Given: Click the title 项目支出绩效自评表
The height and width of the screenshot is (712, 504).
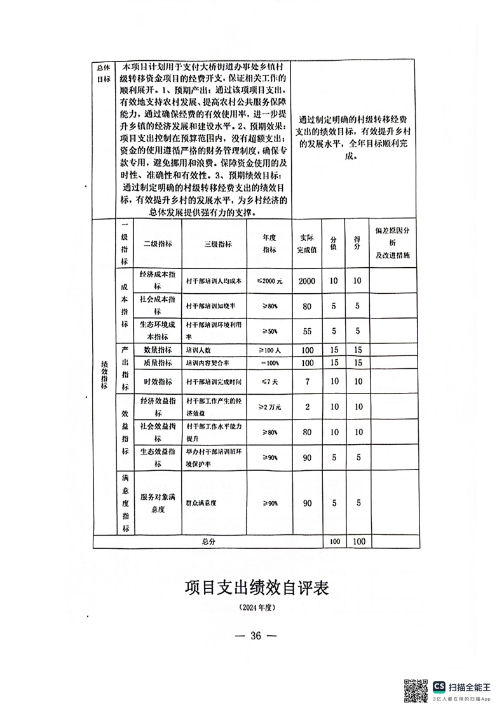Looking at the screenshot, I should coord(256,587).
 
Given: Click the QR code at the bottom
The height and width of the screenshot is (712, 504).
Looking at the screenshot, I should coord(416,690).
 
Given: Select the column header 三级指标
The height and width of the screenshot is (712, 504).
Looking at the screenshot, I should coord(218,244).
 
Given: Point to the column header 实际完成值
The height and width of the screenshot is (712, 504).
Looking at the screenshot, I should coord(306,244).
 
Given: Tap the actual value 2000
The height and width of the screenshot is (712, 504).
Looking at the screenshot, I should coord(307,280).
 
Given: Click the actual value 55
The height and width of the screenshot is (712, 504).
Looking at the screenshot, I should coord(307,331).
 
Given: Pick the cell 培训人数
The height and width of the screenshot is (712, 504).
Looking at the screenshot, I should coord(197,350).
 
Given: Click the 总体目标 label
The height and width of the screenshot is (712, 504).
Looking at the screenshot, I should coord(103,73).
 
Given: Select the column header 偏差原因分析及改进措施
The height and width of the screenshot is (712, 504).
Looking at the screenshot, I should coord(395,244).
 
